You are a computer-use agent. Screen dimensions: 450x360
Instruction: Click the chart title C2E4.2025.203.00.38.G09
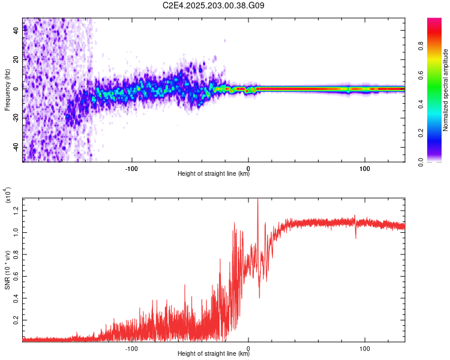click(x=213, y=5)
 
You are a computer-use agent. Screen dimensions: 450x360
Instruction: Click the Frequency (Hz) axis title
click(x=7, y=90)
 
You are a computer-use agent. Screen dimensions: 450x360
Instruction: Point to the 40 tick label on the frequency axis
click(x=16, y=30)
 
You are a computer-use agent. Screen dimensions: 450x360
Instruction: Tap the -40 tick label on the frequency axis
click(x=16, y=148)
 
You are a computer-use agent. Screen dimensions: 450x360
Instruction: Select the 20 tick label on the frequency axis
click(x=16, y=59)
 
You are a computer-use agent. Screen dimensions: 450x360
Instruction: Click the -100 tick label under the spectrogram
click(x=131, y=169)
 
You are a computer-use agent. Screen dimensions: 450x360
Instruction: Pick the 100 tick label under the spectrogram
click(x=364, y=169)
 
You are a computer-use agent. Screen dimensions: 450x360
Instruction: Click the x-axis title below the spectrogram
click(x=214, y=173)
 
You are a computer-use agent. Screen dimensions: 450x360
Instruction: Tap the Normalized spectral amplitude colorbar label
click(x=445, y=90)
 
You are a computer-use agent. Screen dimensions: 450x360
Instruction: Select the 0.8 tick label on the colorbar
click(x=421, y=46)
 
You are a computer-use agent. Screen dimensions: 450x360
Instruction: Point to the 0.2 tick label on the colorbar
click(x=421, y=133)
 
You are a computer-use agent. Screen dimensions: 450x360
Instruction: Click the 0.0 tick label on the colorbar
click(x=421, y=162)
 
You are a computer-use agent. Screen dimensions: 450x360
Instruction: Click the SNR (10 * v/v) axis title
click(x=7, y=270)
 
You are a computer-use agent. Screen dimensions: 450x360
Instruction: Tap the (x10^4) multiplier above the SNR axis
click(x=8, y=195)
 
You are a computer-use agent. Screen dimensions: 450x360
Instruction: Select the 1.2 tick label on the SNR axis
click(x=16, y=211)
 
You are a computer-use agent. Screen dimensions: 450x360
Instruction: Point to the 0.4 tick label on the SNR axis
click(x=16, y=298)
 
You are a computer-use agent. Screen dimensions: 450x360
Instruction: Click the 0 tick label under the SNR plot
click(x=248, y=349)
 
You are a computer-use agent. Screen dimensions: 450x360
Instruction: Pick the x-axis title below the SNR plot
click(x=214, y=353)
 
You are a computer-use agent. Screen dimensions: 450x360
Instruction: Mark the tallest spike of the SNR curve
click(x=258, y=199)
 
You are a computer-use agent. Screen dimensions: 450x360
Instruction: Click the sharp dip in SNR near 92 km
click(x=356, y=238)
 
